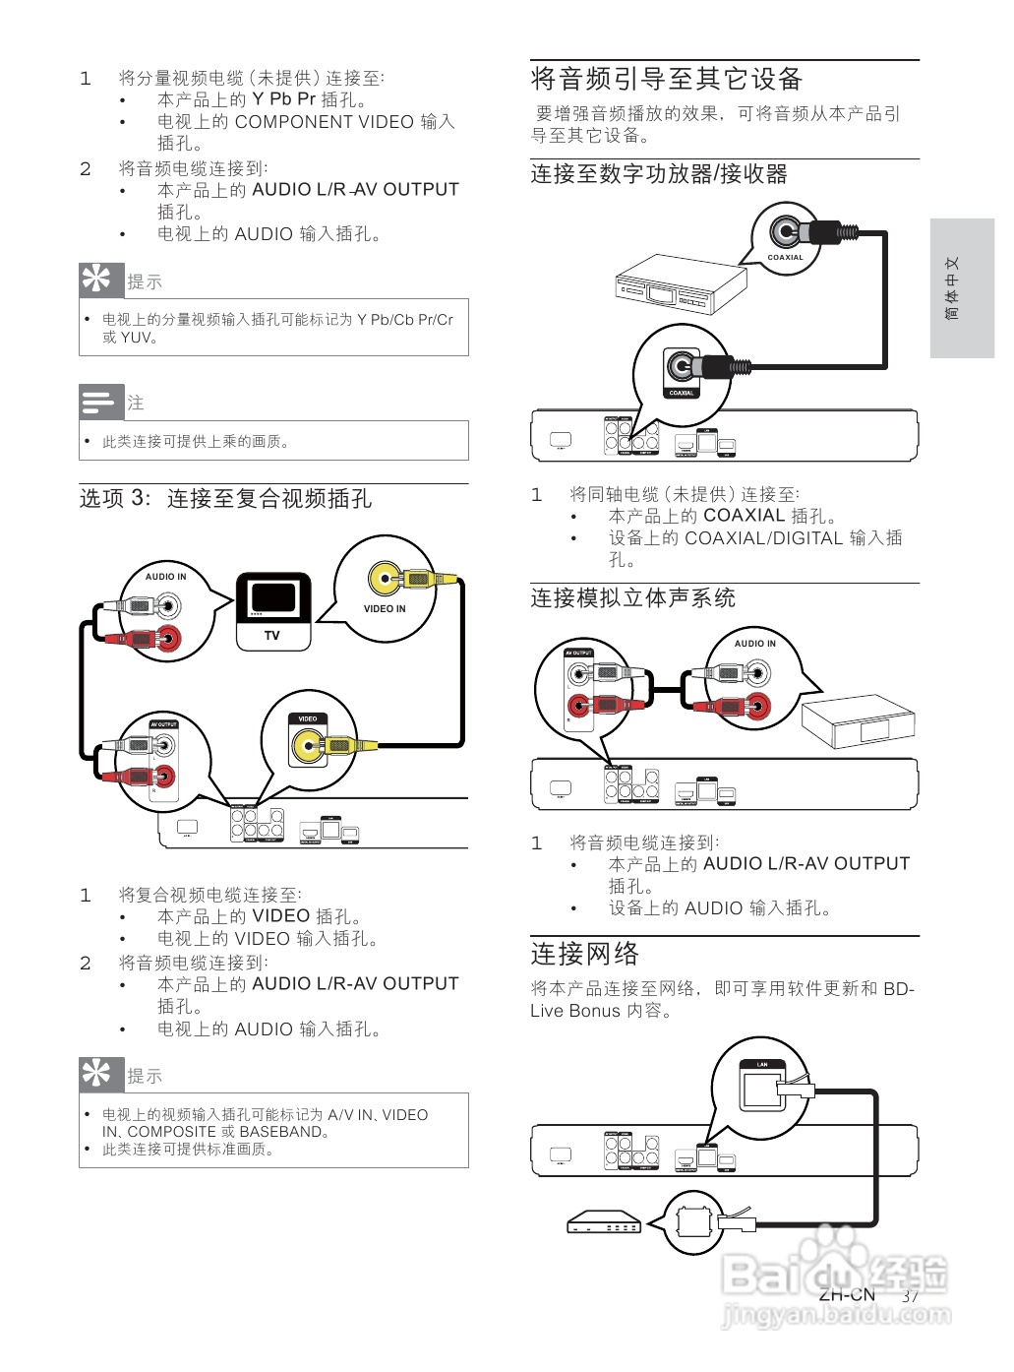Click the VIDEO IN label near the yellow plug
385,608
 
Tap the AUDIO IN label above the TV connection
165,577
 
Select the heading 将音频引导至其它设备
666,79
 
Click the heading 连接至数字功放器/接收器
658,174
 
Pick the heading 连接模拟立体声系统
632,598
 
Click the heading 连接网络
584,954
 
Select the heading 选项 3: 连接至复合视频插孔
225,499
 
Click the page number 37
910,1296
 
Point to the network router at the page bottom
603,1222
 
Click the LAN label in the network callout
761,1065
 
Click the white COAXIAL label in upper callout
785,257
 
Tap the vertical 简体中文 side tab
952,288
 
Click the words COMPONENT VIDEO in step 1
324,122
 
